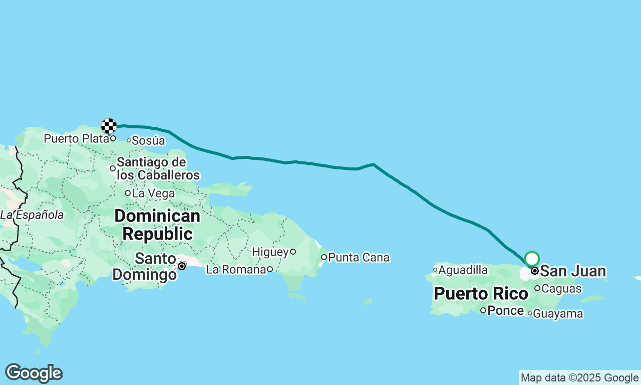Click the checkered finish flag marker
109,126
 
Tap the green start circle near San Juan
532,259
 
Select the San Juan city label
573,272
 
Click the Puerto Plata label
76,138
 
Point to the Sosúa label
148,141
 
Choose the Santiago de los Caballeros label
158,169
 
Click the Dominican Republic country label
157,225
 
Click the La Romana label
236,270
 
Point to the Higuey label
270,252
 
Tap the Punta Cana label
359,258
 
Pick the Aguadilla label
463,270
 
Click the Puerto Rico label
481,294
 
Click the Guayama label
558,314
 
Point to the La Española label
32,215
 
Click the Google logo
34,373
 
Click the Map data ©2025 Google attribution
579,378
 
